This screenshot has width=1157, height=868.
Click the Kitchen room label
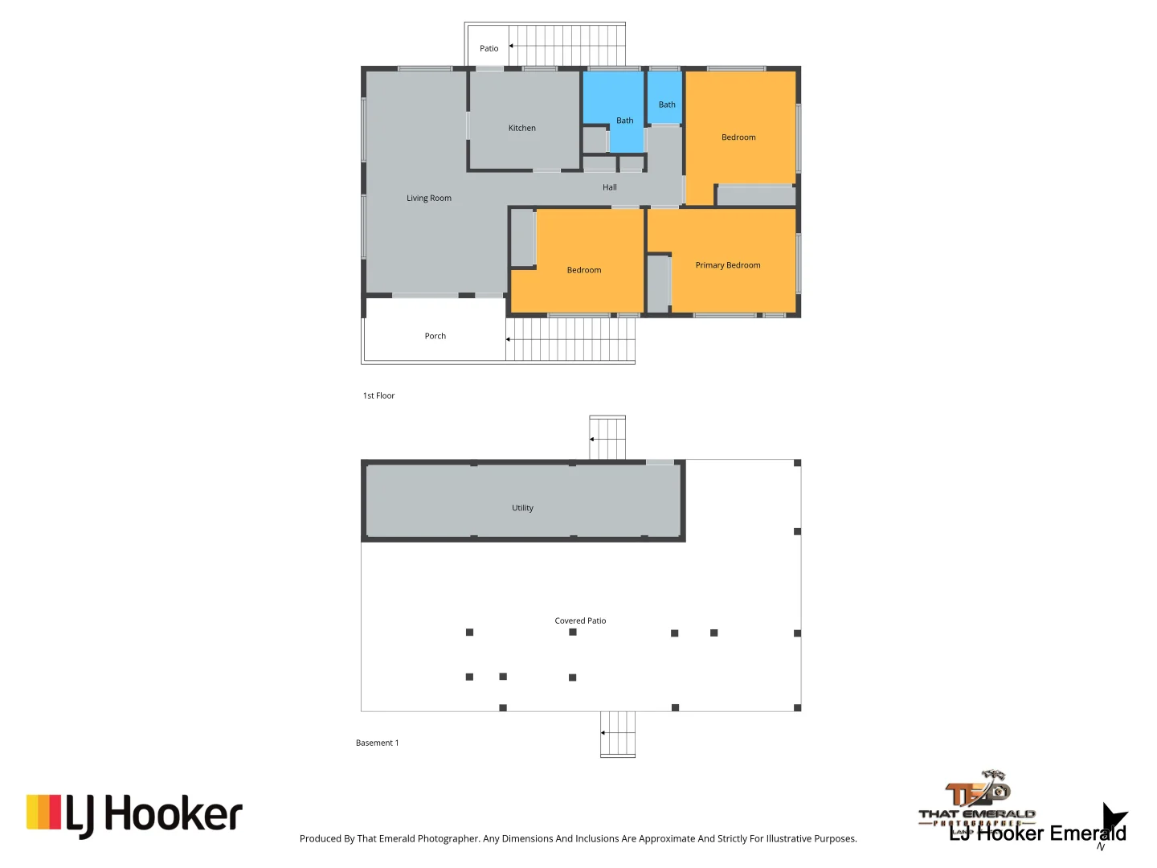tap(521, 128)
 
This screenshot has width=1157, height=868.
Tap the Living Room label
tap(428, 198)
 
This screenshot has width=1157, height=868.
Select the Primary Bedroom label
tap(727, 265)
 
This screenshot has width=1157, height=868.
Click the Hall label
tap(609, 187)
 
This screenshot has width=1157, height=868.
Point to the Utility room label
tap(522, 508)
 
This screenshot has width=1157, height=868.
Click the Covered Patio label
tap(580, 620)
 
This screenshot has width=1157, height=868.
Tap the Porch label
tap(435, 336)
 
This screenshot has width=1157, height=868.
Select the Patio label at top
tap(489, 48)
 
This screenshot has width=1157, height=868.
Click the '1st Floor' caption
tap(378, 395)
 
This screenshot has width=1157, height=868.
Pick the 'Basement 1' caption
tap(377, 743)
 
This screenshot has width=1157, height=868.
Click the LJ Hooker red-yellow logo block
tap(43, 812)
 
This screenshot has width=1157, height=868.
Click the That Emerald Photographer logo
tap(978, 800)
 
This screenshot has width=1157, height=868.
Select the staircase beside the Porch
tap(570, 339)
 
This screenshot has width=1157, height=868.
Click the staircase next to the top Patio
tap(567, 45)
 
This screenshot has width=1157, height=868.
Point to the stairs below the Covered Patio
tap(618, 733)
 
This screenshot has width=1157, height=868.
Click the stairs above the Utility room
tap(607, 438)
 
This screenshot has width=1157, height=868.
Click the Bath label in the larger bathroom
tap(624, 121)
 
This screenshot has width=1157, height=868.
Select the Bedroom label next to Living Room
tap(583, 270)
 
